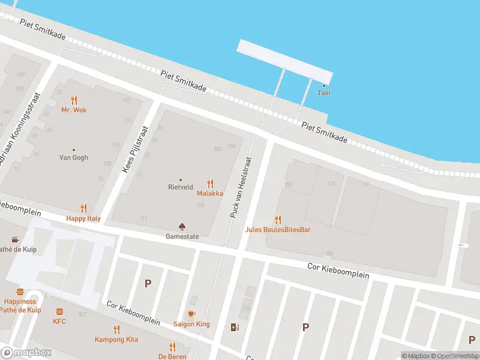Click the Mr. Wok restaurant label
click(x=74, y=110)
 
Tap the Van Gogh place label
click(x=73, y=158)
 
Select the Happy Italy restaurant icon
click(x=83, y=209)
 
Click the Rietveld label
click(x=180, y=187)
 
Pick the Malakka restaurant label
click(x=210, y=194)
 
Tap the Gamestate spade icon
click(x=182, y=226)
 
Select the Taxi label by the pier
click(x=323, y=93)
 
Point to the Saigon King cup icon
click(x=191, y=314)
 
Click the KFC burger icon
click(x=59, y=311)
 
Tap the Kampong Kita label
click(x=116, y=340)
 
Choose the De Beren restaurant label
click(x=172, y=356)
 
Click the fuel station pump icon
click(x=234, y=327)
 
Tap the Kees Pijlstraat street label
click(x=134, y=149)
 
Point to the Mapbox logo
click(x=26, y=353)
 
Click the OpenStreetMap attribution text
click(x=454, y=356)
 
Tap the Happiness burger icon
click(x=20, y=292)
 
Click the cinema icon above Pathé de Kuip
click(x=15, y=239)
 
